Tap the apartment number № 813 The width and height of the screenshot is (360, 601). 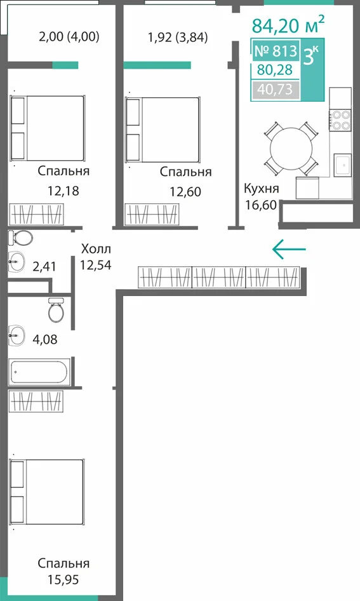tap(276, 51)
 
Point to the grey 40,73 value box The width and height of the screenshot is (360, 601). tap(275, 90)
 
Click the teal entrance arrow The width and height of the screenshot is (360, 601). tap(289, 249)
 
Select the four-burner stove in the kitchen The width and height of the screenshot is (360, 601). tap(341, 119)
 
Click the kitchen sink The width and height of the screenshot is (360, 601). tap(342, 165)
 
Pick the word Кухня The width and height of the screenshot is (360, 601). tap(262, 189)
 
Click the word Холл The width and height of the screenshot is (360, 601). tap(96, 249)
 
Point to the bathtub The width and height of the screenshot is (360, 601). tap(39, 372)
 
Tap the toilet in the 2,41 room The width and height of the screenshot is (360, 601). tap(20, 239)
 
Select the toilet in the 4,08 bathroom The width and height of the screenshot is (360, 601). tap(57, 310)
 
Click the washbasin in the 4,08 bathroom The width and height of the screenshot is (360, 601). tap(17, 335)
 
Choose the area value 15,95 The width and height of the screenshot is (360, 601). tap(63, 579)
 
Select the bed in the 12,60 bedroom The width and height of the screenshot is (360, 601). tap(163, 130)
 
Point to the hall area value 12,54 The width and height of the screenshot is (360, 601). tap(95, 265)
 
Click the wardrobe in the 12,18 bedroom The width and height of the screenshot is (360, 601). tap(36, 214)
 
